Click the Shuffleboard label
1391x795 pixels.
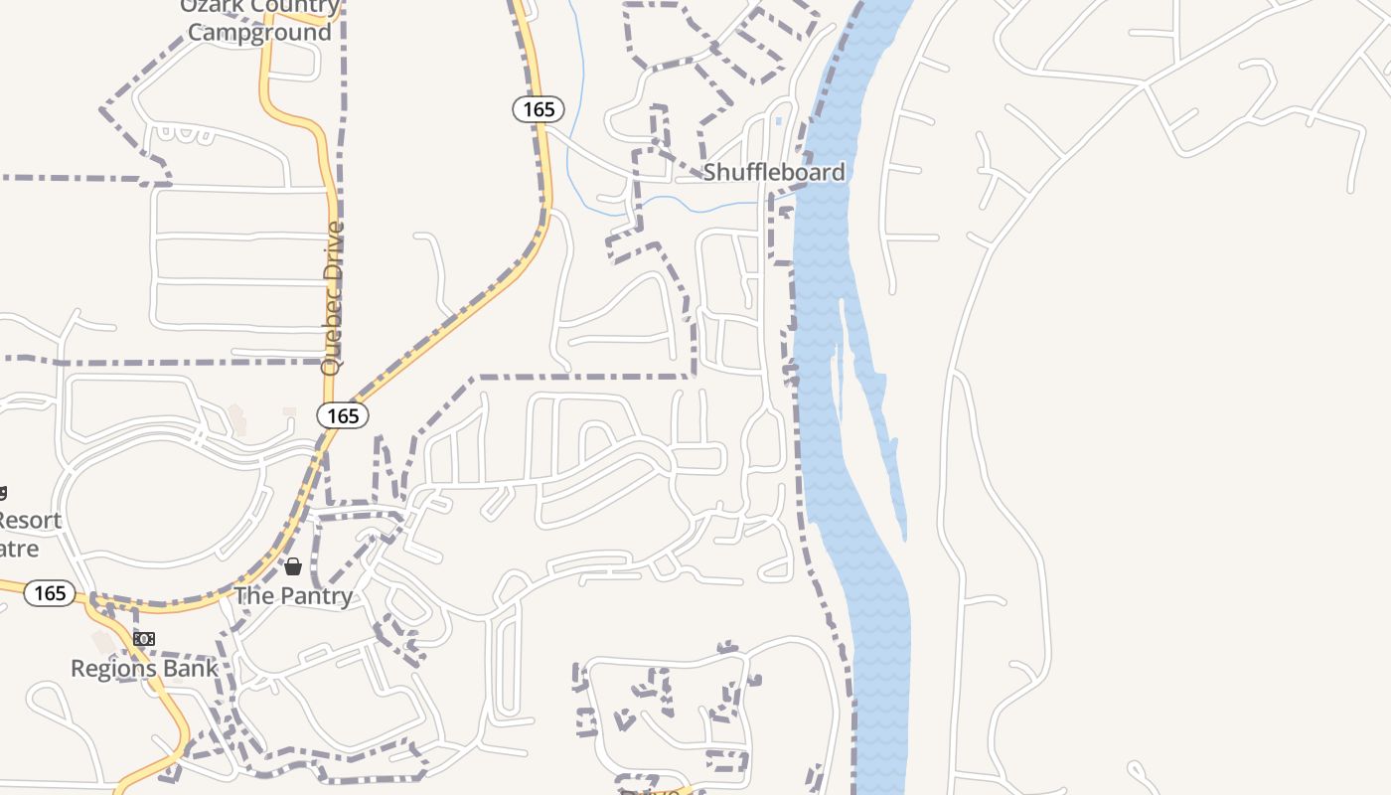click(774, 172)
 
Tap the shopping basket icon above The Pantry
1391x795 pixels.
click(293, 567)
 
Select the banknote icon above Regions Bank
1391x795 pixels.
click(144, 639)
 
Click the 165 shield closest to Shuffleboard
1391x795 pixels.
click(539, 109)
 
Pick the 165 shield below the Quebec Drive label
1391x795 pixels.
click(343, 415)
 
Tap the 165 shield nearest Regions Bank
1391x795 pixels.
click(50, 593)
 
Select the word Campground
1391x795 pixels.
click(259, 32)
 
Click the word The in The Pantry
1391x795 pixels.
click(250, 596)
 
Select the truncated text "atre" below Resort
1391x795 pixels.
click(20, 549)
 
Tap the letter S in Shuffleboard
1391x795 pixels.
click(709, 172)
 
